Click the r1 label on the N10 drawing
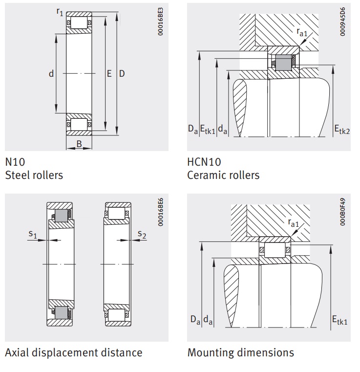(x=60, y=12)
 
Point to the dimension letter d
(x=51, y=73)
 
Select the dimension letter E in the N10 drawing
(x=109, y=73)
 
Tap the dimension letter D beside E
(x=122, y=73)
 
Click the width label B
(x=79, y=144)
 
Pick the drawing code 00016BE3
(x=160, y=22)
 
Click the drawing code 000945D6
(x=343, y=22)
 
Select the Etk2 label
(x=342, y=130)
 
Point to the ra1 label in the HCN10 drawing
(x=302, y=32)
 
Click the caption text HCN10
(x=204, y=162)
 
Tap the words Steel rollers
(x=34, y=175)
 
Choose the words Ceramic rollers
(x=223, y=175)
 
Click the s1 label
(x=33, y=234)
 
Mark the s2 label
(x=142, y=234)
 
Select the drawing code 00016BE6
(x=160, y=212)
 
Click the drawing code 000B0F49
(x=343, y=212)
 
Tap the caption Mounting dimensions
(x=240, y=352)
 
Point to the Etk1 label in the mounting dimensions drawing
(x=339, y=320)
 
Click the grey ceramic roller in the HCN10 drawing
(x=283, y=63)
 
